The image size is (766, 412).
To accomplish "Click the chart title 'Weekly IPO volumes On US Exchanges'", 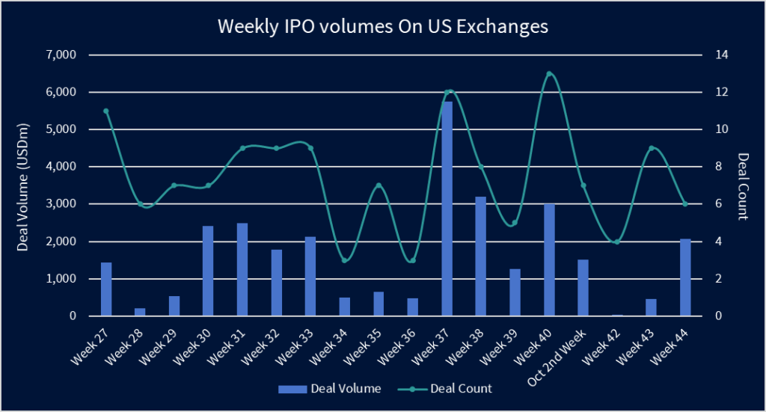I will coord(383,27).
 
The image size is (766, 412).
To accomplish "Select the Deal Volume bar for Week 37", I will coord(447,209).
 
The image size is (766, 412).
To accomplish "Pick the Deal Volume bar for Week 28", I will coord(140,312).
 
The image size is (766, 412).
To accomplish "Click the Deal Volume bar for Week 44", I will coord(685,277).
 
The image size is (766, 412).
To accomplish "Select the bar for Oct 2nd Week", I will coord(583,288).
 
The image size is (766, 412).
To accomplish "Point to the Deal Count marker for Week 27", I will coord(106,111).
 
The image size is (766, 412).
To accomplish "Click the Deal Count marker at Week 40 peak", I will coord(549,74).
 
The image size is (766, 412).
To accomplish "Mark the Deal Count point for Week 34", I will coord(345,260).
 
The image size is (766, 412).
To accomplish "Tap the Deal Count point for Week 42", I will coord(617,242).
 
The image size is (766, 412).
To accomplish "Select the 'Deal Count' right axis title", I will coord(743,185).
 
